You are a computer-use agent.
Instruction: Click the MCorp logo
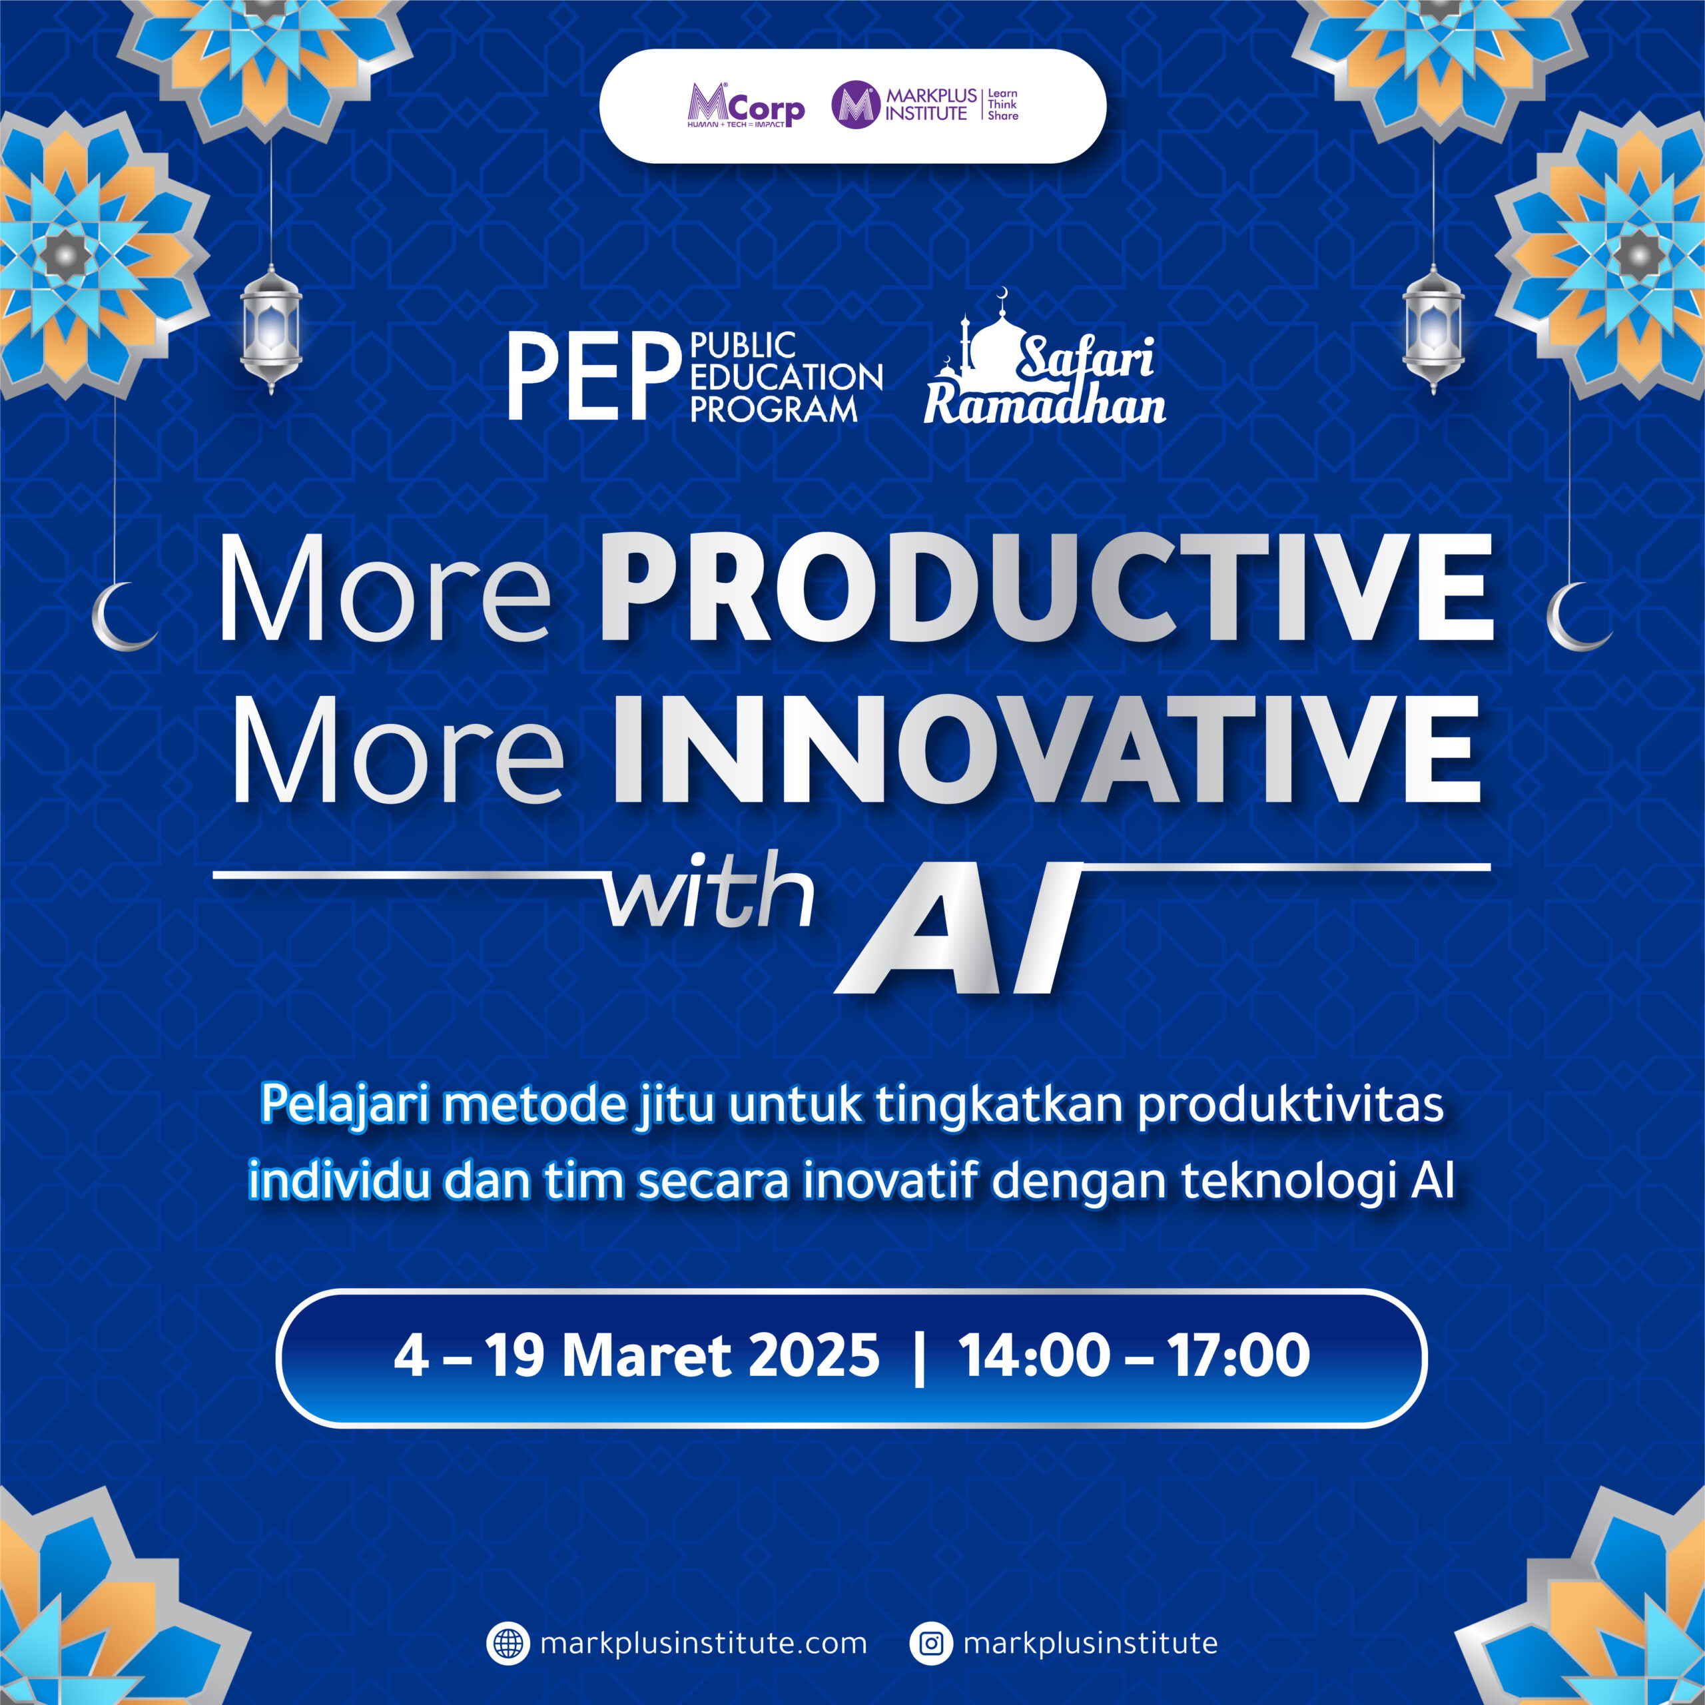click(746, 106)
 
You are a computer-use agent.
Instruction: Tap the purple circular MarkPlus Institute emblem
click(856, 105)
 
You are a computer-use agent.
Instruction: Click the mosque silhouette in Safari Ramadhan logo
click(993, 340)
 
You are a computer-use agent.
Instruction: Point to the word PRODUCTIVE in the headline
click(1047, 587)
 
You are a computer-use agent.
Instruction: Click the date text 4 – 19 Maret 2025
click(636, 1355)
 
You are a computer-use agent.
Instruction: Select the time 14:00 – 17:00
click(1134, 1355)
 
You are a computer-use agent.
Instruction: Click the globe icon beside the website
click(508, 1643)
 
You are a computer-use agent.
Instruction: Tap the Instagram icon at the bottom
click(931, 1643)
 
